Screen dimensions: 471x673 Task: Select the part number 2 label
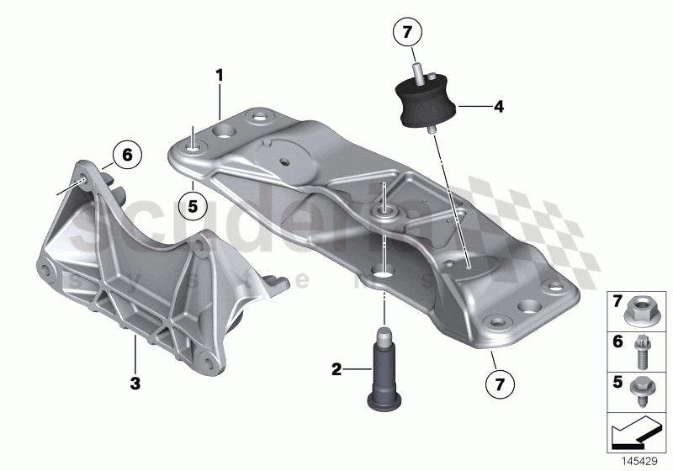(x=336, y=368)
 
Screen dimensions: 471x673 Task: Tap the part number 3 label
(x=134, y=382)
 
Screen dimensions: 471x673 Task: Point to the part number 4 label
(x=498, y=107)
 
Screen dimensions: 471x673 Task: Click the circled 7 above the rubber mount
(x=407, y=34)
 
